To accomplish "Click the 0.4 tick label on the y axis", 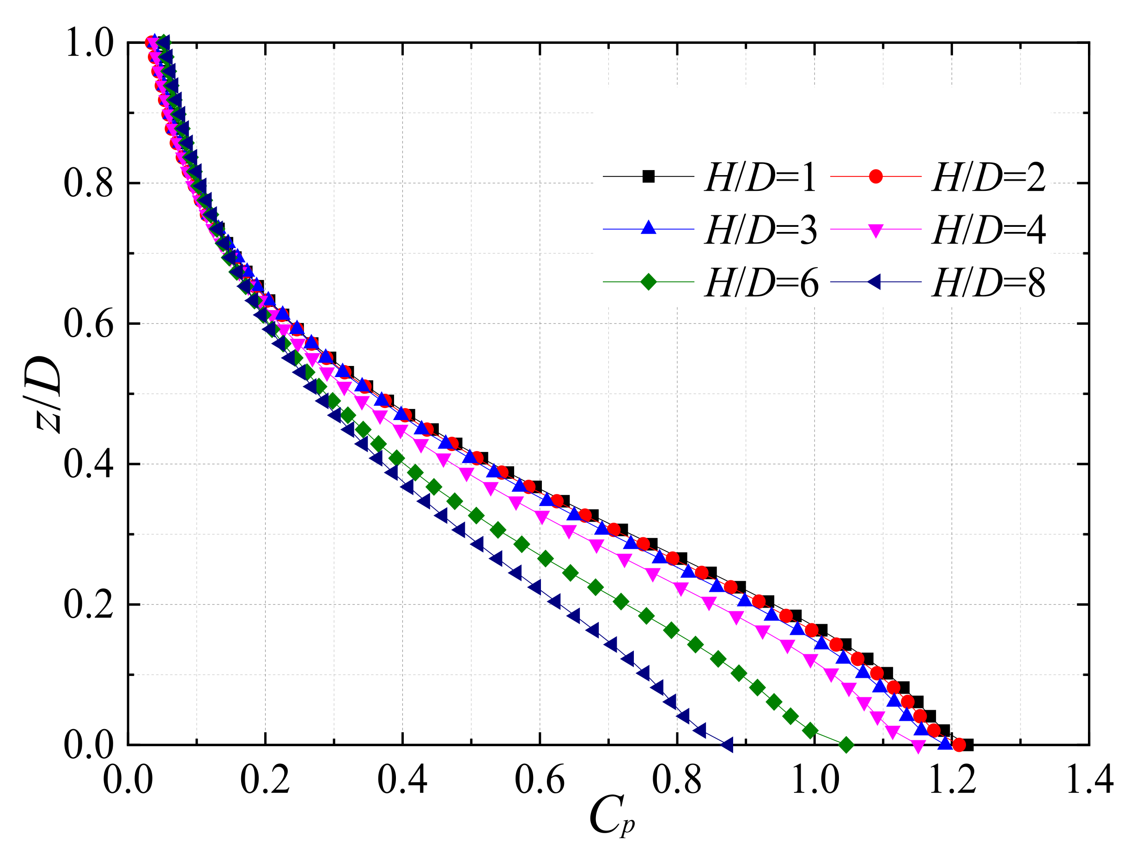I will pyautogui.click(x=89, y=464).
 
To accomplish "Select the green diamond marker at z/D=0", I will pyautogui.click(x=846, y=745).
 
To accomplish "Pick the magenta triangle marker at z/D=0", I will pyautogui.click(x=918, y=747).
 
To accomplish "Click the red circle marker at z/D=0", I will pyautogui.click(x=959, y=745).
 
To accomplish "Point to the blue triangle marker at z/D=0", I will pyautogui.click(x=945, y=743).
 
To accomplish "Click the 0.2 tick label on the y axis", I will pyautogui.click(x=89, y=605).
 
